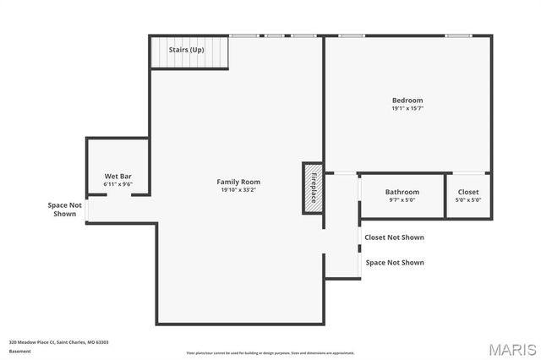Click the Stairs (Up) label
186,50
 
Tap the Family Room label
238,182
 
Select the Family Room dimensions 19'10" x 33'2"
238,190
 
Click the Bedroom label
407,101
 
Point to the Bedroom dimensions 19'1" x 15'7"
407,109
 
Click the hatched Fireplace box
313,187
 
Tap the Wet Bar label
117,176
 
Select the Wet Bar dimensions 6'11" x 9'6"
117,183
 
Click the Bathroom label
402,192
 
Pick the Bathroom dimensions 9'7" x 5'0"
402,200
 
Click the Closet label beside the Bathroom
468,192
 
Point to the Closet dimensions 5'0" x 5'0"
468,200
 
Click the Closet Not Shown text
394,237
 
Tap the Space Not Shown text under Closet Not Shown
394,263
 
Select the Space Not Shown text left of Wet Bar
65,210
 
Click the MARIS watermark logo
511,349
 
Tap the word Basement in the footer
19,352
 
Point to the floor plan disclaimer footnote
270,353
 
